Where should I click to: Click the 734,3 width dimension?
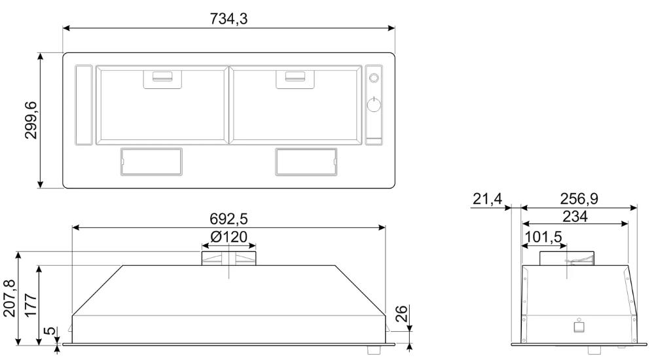228,19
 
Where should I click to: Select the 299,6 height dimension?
31,120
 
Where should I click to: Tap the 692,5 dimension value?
228,219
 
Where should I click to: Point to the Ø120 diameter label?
228,236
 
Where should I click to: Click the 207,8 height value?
9,298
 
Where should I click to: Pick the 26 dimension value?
401,314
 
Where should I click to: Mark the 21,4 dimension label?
487,199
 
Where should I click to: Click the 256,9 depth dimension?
579,199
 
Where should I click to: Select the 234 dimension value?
575,217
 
